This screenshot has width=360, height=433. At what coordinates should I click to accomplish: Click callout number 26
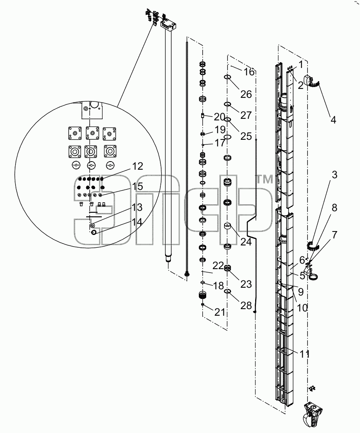click(x=246, y=94)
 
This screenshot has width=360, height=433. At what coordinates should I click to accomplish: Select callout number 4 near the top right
click(x=333, y=120)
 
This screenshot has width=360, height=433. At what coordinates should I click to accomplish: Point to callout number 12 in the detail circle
click(x=137, y=166)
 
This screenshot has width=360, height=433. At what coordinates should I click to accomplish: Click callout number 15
click(x=137, y=186)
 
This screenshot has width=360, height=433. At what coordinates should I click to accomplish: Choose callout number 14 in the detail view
click(x=137, y=222)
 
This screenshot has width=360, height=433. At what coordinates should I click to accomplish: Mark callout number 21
click(x=220, y=312)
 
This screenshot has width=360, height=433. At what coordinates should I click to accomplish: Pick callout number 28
click(x=246, y=305)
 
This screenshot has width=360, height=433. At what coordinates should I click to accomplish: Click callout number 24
click(x=246, y=242)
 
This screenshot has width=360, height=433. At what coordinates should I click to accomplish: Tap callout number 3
click(x=334, y=175)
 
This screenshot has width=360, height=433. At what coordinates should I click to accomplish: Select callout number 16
click(x=249, y=72)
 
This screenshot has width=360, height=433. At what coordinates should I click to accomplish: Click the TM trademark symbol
click(x=265, y=179)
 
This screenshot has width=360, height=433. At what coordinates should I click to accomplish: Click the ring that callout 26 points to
click(x=227, y=77)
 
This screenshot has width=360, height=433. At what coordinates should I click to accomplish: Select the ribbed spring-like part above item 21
click(x=203, y=296)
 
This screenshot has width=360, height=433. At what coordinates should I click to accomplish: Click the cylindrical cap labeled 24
click(x=227, y=226)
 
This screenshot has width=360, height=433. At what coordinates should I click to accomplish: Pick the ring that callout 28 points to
click(x=227, y=291)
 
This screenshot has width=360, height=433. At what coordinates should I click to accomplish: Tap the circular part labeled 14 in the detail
click(x=94, y=232)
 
